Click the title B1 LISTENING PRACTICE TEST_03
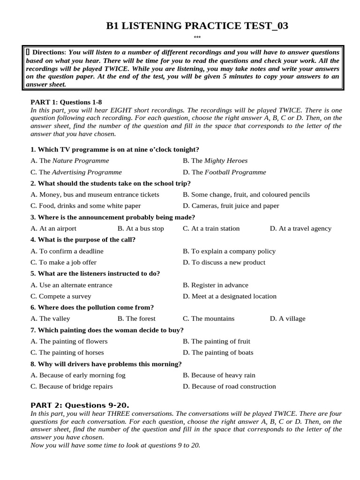pyautogui.click(x=197, y=26)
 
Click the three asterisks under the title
pyautogui.click(x=197, y=38)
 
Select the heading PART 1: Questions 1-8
pyautogui.click(x=66, y=101)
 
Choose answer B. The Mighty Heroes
pyautogui.click(x=215, y=161)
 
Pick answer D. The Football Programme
pyautogui.click(x=224, y=172)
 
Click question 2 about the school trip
pyautogui.click(x=111, y=183)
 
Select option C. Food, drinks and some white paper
pyautogui.click(x=85, y=206)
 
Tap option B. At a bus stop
pyautogui.click(x=141, y=229)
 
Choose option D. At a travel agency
pyautogui.click(x=300, y=229)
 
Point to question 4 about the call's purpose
pyautogui.click(x=83, y=240)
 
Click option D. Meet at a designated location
pyautogui.click(x=230, y=296)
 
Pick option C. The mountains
pyautogui.click(x=209, y=319)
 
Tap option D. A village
pyautogui.click(x=287, y=319)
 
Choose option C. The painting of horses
pyautogui.click(x=67, y=352)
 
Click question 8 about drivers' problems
pyautogui.click(x=106, y=364)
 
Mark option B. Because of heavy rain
pyautogui.click(x=219, y=375)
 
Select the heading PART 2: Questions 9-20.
pyautogui.click(x=80, y=405)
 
